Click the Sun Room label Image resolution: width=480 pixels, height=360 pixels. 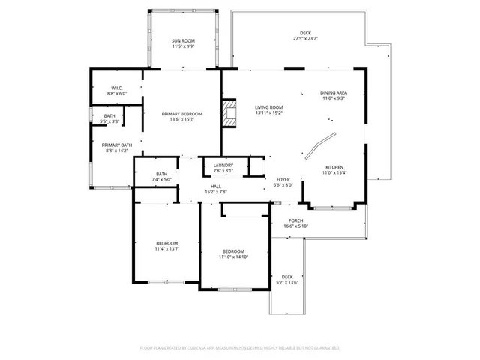[183, 40]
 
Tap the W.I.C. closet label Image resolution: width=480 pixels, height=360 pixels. [106, 88]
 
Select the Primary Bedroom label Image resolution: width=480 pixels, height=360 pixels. [182, 114]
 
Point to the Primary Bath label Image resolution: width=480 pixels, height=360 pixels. [117, 145]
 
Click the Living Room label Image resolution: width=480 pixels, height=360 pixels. [268, 107]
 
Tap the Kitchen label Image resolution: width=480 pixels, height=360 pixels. [334, 166]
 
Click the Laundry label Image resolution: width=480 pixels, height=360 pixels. [223, 165]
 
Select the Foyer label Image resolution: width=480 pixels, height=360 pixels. [283, 180]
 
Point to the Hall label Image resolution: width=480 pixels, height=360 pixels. [215, 186]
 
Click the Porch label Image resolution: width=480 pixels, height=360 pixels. [295, 220]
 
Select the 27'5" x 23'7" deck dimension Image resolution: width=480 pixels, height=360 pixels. [305, 38]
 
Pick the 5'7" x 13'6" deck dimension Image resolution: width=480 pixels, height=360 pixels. [286, 282]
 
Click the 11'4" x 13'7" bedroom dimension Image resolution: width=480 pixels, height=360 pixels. [166, 249]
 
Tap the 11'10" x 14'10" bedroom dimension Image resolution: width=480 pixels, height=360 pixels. [233, 256]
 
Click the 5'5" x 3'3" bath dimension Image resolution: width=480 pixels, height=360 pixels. [110, 121]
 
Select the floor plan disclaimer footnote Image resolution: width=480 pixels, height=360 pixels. [240, 348]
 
